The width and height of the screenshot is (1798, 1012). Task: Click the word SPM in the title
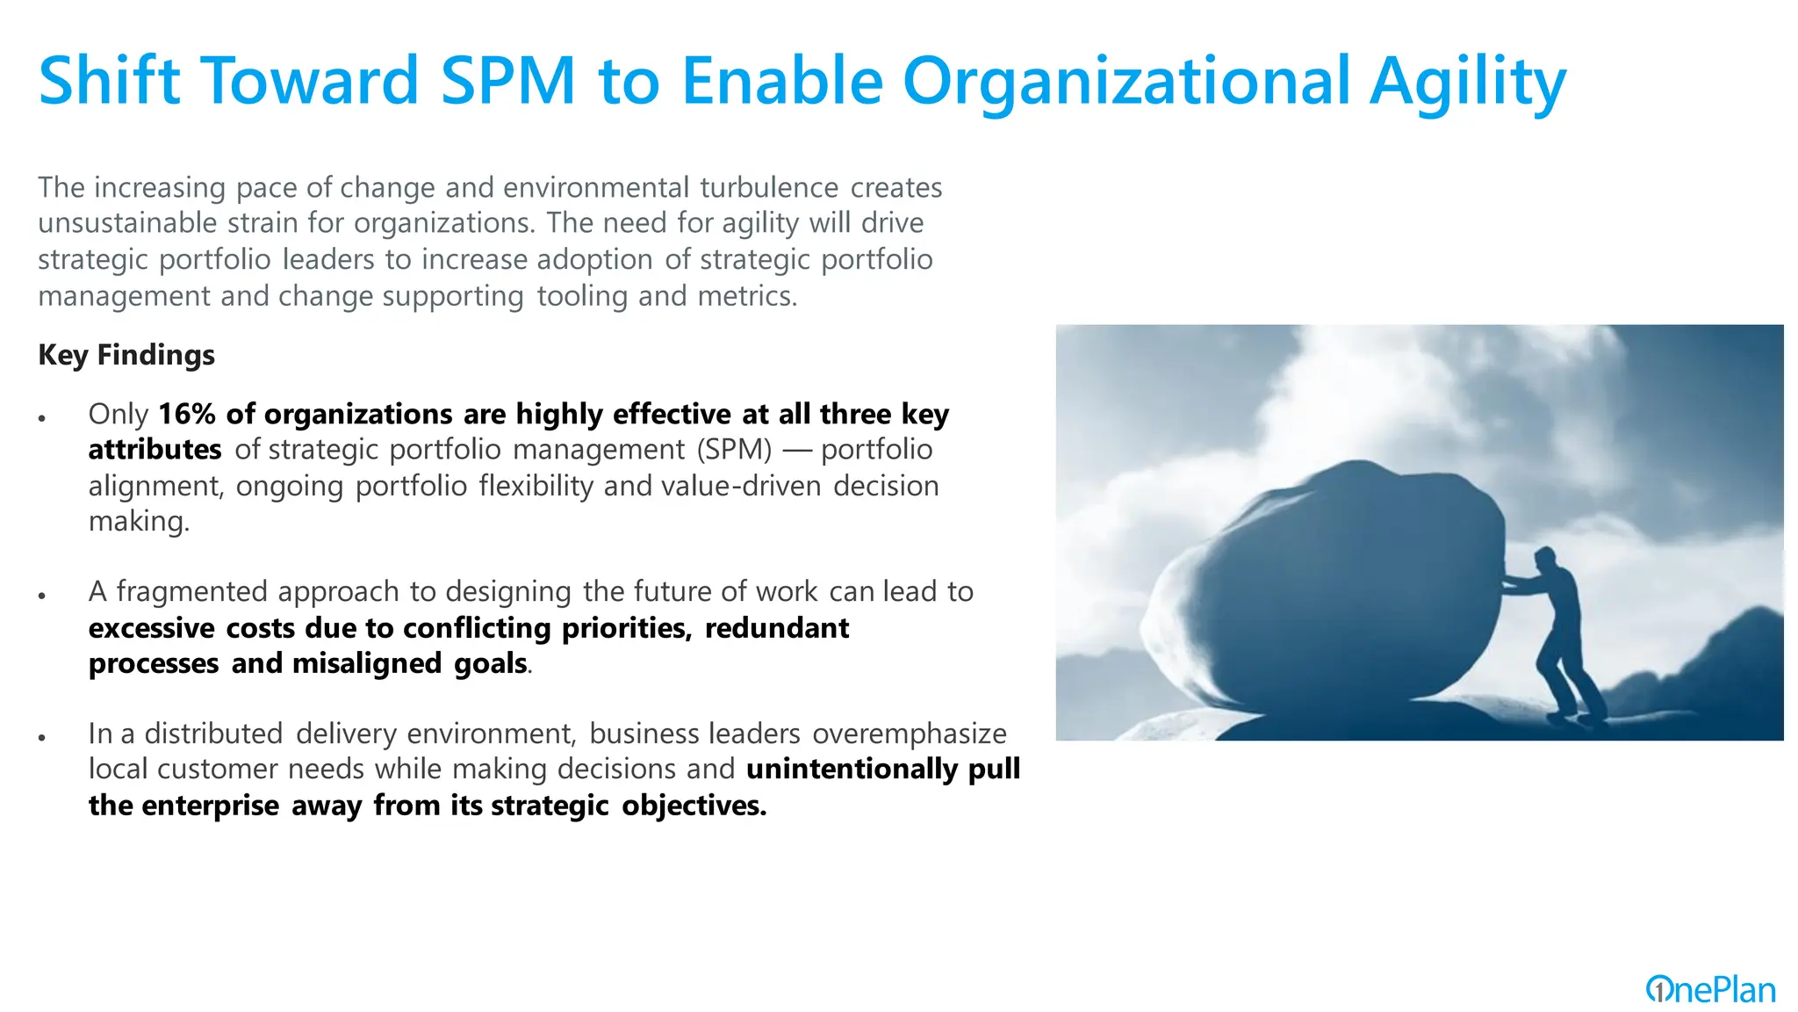click(507, 81)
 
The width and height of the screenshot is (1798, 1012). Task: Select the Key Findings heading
click(126, 355)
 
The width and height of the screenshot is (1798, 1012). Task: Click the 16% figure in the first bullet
click(187, 414)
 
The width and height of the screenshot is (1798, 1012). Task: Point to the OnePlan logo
click(1710, 990)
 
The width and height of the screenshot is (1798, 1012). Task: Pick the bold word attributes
click(155, 450)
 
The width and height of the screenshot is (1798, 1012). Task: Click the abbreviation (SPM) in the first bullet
click(735, 450)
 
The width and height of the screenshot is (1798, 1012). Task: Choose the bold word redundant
click(776, 628)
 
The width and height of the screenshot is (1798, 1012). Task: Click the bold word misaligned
click(366, 663)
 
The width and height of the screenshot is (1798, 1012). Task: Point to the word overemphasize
click(909, 734)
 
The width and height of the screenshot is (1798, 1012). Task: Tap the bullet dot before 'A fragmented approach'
click(41, 596)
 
